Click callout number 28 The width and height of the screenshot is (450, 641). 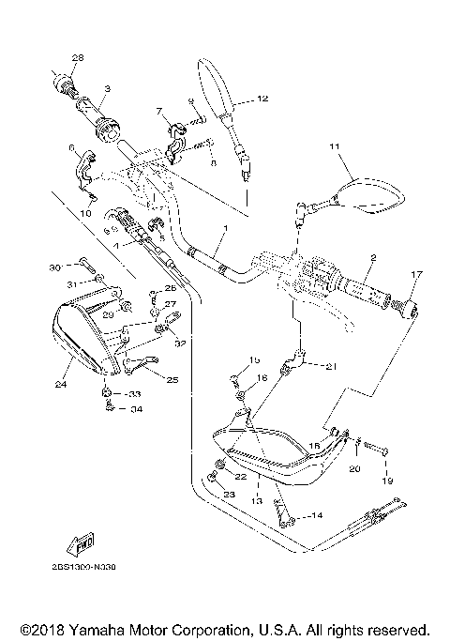point(77,58)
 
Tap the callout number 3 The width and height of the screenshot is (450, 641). point(108,88)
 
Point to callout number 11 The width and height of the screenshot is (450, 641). point(333,147)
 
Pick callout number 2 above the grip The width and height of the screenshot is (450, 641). point(372,257)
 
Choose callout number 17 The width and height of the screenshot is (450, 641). point(417,274)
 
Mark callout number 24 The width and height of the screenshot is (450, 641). point(62,383)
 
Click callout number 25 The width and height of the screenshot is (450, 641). point(172,380)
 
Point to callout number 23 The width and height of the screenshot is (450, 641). point(229,494)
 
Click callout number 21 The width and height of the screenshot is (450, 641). point(330,367)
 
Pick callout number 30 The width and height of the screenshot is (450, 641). point(54,267)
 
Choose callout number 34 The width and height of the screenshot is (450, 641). point(136,409)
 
